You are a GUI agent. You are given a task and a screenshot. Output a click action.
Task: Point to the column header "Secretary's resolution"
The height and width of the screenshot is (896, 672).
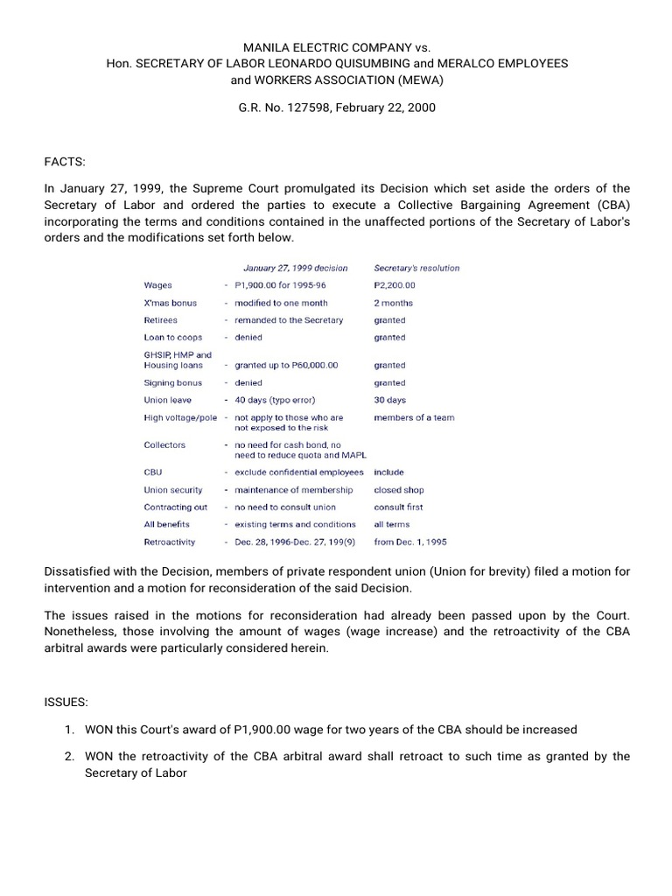416,268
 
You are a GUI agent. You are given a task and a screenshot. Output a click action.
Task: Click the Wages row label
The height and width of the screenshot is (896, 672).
157,285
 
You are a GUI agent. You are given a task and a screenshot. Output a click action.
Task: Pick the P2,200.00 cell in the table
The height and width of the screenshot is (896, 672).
395,285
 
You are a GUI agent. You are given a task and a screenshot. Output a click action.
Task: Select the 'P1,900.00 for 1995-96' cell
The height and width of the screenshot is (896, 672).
284,285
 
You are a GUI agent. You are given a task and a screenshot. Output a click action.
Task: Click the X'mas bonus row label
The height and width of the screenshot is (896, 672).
170,303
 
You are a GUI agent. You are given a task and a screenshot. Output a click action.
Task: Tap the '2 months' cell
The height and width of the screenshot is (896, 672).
393,303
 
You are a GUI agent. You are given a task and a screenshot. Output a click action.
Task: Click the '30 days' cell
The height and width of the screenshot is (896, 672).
389,400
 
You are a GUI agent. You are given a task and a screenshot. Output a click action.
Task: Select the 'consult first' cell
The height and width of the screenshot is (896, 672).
398,507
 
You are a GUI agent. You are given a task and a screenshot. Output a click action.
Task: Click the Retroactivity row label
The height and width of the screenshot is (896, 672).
169,542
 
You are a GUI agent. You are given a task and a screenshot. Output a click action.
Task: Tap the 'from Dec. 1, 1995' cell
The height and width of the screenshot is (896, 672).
409,542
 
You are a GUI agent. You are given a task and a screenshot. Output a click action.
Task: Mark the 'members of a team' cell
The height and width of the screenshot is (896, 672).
414,417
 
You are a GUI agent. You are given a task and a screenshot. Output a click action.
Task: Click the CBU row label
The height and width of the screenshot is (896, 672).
153,472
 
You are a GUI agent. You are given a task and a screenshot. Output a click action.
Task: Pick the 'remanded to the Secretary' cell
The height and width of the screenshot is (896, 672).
289,320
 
